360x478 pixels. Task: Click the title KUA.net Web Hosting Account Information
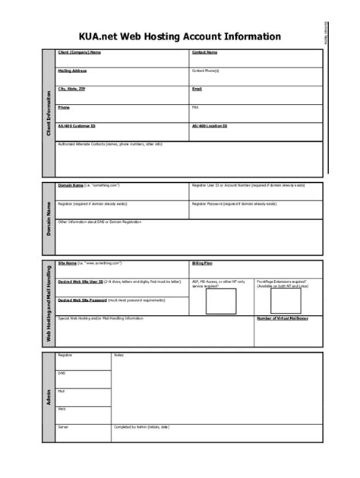tap(179, 36)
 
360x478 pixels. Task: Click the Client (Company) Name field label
tap(79, 52)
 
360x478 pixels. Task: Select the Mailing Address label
tap(72, 71)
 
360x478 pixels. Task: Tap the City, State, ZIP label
tap(71, 89)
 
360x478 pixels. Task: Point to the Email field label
tap(197, 89)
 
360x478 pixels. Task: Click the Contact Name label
tap(204, 52)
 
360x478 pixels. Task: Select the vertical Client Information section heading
tap(49, 114)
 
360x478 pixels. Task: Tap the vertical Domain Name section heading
tap(49, 219)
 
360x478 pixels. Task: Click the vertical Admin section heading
tap(49, 397)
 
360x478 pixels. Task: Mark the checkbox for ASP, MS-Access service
tap(221, 301)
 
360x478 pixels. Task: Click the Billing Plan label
tap(202, 263)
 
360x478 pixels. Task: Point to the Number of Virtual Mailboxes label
tap(282, 319)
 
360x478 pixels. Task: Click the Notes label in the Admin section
tap(118, 355)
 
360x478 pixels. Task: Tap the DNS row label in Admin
tap(62, 373)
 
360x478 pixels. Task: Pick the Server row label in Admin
tap(64, 426)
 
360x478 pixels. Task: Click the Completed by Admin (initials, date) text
tap(141, 426)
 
